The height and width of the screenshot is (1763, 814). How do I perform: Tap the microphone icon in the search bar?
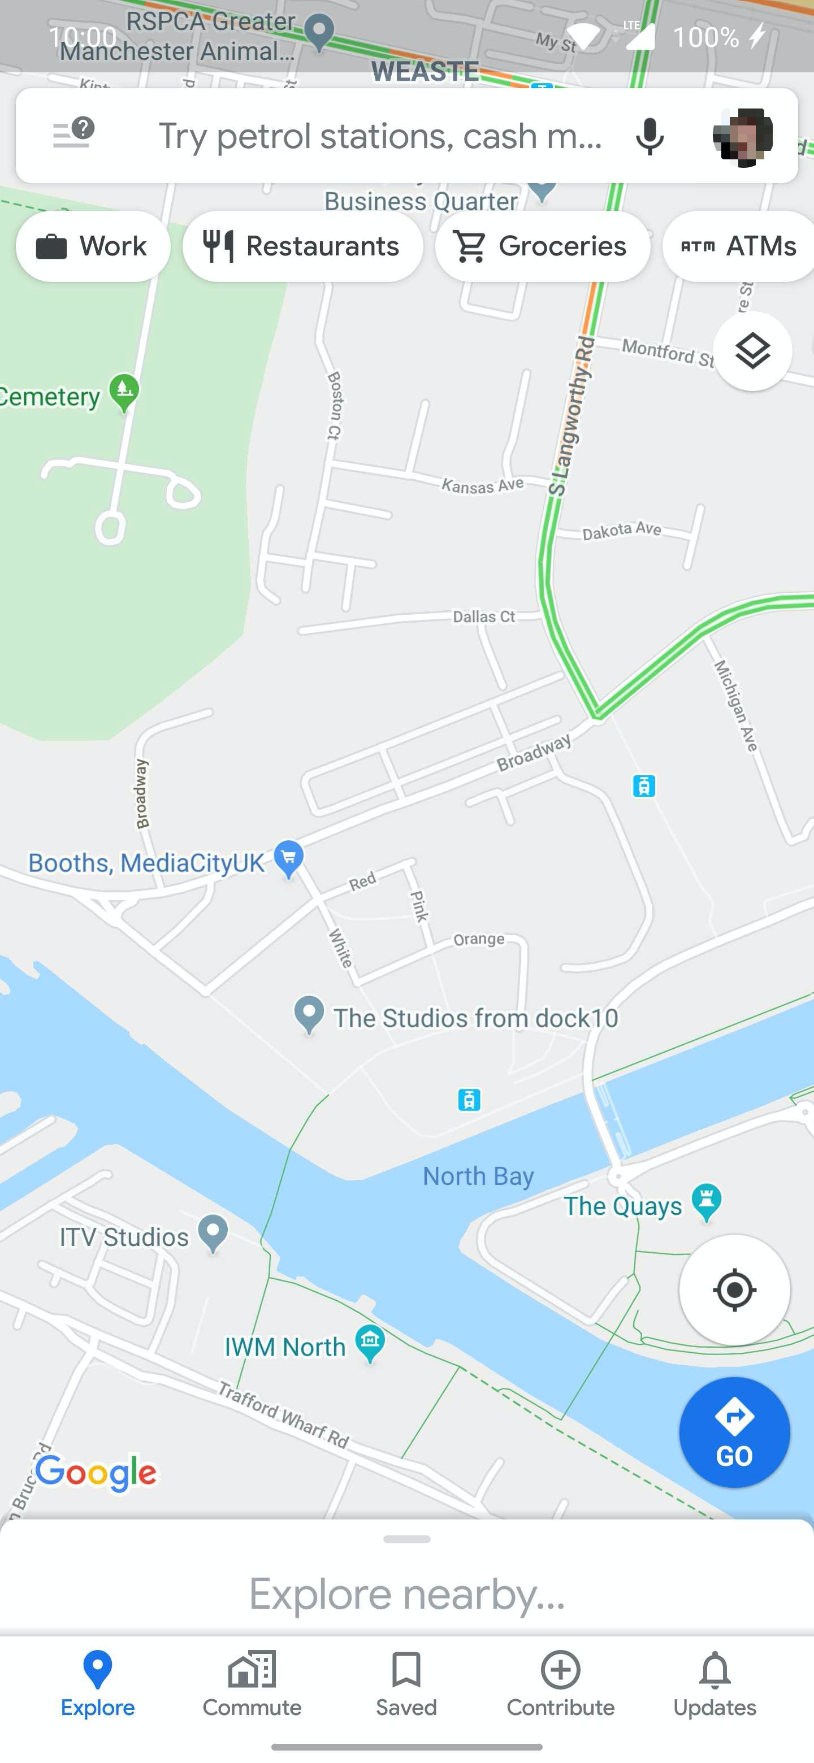(x=649, y=136)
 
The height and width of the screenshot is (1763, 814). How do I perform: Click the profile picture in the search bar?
(x=743, y=136)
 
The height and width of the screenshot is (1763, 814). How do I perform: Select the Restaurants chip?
(x=302, y=246)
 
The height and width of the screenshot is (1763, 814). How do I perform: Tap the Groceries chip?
(x=542, y=246)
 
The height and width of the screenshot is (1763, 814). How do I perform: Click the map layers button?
(x=752, y=351)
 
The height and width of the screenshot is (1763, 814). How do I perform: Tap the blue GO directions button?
(x=734, y=1432)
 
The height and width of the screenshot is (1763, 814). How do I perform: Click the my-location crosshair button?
(x=734, y=1290)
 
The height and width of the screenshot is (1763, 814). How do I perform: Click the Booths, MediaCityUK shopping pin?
(x=288, y=858)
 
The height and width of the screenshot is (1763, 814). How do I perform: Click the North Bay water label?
(x=478, y=1176)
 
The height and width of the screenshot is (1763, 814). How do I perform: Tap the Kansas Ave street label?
(x=483, y=485)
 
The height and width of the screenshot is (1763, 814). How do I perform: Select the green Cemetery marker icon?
(x=124, y=392)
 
